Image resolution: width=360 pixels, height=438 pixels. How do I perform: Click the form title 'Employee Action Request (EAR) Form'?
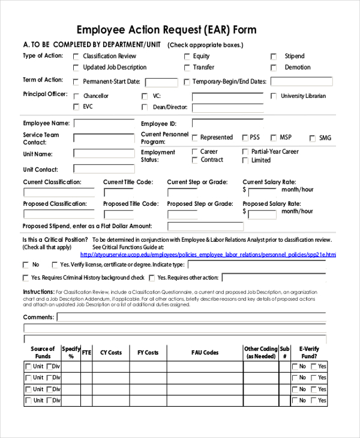pos(166,30)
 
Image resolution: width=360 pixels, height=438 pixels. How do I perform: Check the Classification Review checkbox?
pos(76,56)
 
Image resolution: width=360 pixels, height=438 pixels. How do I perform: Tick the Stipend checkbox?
pos(274,56)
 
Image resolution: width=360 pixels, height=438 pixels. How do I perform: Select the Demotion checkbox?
pos(274,68)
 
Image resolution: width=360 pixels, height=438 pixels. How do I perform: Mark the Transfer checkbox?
pos(187,68)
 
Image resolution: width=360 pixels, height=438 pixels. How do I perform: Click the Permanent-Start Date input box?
pos(161,82)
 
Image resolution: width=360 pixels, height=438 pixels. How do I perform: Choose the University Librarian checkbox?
pos(274,96)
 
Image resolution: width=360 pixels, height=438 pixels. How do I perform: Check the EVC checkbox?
pos(76,107)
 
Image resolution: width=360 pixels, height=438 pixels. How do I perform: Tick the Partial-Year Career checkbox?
pos(245,152)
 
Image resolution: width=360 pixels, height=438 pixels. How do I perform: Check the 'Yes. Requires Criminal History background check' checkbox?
pos(26,278)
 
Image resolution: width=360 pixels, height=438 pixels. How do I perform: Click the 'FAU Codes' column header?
pos(205,353)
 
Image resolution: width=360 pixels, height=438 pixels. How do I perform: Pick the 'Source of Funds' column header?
pos(43,352)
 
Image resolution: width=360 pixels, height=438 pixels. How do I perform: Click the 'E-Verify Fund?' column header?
pos(310,352)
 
